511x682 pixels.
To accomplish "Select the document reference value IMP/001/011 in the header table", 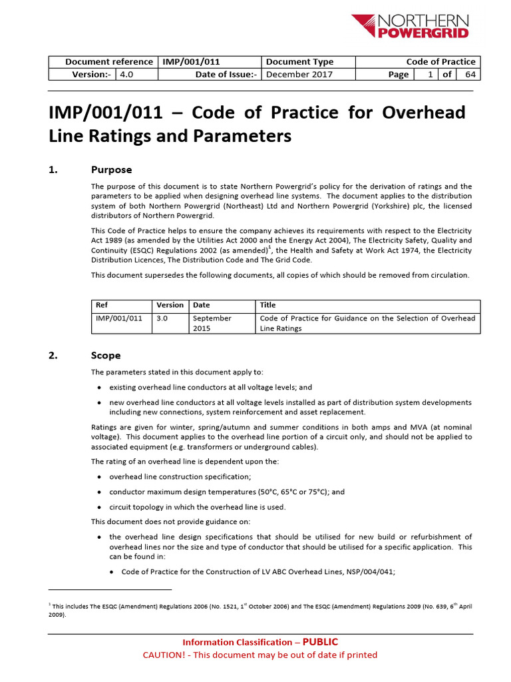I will (187, 62).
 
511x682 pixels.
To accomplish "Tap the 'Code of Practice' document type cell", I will (440, 62).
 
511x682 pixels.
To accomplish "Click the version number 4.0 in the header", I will (126, 75).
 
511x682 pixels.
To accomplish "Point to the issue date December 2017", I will (299, 75).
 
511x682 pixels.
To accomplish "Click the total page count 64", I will (470, 75).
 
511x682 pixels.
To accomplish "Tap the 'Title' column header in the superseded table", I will (267, 305).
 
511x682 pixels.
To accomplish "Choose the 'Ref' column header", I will (102, 305).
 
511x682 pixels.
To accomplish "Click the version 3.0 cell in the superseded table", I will (162, 318).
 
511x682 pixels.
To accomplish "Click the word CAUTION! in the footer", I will (164, 655).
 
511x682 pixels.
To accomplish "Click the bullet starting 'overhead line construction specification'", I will (180, 476).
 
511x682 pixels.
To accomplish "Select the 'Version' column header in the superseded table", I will (170, 305).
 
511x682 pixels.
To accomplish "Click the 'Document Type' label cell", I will (299, 62).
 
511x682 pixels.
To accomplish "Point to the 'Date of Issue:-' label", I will (226, 75).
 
